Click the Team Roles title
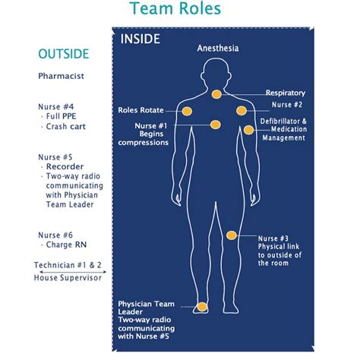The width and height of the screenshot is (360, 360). (x=175, y=8)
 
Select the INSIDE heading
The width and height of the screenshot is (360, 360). (x=140, y=39)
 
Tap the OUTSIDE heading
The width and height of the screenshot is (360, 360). (x=64, y=54)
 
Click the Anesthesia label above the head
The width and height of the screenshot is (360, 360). (x=218, y=48)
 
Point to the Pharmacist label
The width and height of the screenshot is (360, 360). (x=61, y=76)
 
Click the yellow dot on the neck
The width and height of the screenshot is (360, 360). (x=216, y=94)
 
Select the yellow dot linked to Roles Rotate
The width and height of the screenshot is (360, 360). (x=187, y=111)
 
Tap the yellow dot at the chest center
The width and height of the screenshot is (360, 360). (x=216, y=125)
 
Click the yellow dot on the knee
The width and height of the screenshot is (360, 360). (x=232, y=235)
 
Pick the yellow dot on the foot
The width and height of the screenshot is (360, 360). (x=202, y=307)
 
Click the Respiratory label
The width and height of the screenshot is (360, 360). (x=286, y=93)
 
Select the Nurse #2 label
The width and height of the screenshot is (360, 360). (x=287, y=105)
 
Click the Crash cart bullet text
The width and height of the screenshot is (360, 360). (x=66, y=126)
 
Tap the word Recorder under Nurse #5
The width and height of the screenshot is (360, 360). (x=65, y=166)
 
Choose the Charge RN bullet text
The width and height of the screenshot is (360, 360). (x=66, y=245)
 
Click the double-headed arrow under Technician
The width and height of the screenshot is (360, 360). (x=73, y=272)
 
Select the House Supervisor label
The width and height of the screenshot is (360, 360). (x=68, y=278)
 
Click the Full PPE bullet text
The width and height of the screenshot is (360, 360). (x=61, y=116)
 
